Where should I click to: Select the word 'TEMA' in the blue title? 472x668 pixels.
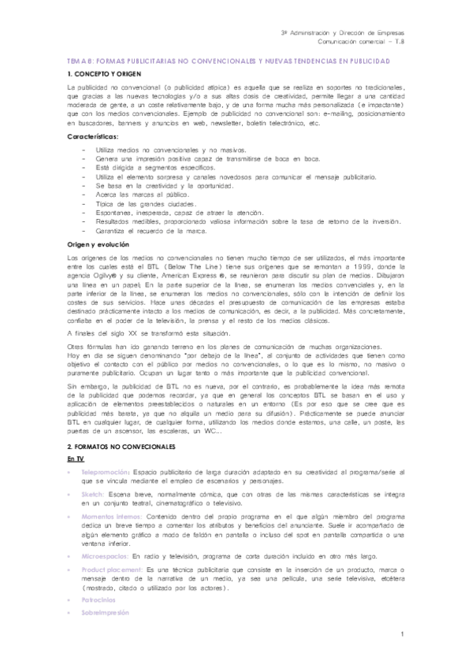(x=77, y=60)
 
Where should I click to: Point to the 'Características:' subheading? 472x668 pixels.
(x=92, y=137)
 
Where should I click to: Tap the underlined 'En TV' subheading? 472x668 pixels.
(x=76, y=458)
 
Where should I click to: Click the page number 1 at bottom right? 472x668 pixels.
(x=402, y=635)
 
